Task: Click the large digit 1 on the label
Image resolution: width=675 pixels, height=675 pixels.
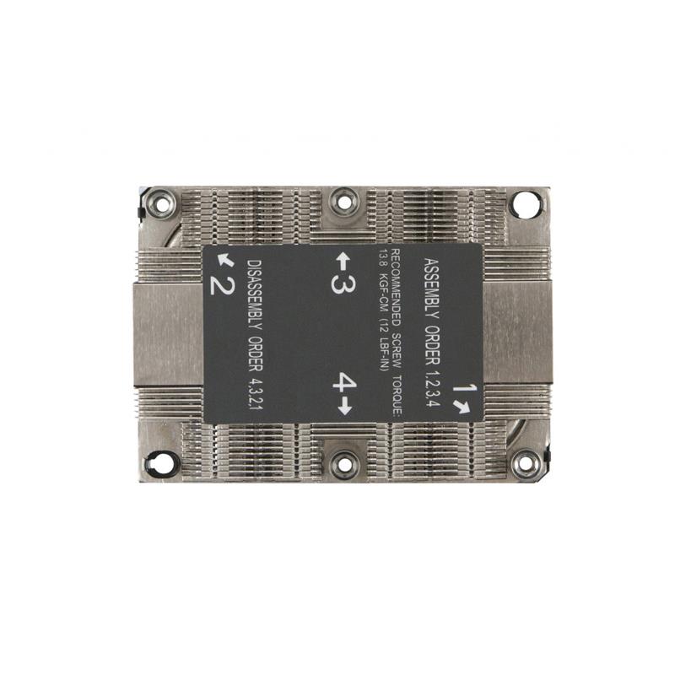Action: pos(460,390)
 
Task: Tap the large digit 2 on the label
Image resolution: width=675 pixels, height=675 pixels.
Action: pos(221,283)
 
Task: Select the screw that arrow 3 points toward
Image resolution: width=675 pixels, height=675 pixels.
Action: pos(343,201)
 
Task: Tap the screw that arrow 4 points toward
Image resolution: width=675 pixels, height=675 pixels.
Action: pos(343,463)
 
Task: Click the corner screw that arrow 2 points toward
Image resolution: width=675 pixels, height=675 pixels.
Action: pos(160,202)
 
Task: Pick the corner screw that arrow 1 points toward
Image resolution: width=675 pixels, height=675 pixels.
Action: pos(526,463)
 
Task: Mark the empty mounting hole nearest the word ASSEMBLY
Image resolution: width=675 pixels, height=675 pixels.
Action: pos(524,203)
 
